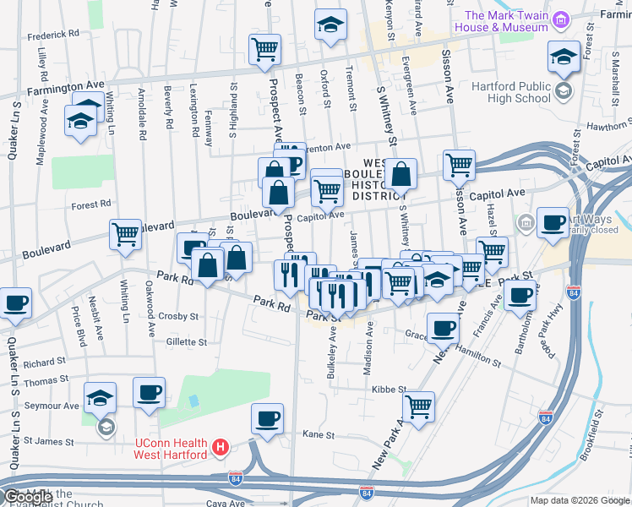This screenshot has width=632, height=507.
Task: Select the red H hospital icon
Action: coord(221,445)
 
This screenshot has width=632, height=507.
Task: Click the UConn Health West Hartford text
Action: coord(172,450)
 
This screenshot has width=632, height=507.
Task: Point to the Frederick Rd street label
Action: coord(52,36)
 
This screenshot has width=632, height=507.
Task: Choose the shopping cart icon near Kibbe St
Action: coord(418,406)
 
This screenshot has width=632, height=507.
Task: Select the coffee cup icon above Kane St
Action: coord(267,418)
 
